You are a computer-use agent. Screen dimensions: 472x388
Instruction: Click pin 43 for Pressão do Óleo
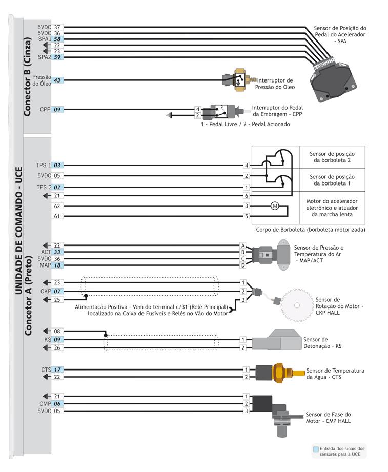click(57, 80)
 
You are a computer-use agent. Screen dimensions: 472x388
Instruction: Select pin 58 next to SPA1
click(57, 39)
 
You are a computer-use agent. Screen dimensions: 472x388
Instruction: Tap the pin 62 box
click(57, 206)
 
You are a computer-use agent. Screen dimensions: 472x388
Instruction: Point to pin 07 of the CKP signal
click(57, 291)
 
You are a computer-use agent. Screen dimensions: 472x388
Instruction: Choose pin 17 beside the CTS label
click(57, 370)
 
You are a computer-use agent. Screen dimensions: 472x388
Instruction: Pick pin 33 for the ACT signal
click(57, 252)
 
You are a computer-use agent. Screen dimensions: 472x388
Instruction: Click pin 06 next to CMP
click(57, 403)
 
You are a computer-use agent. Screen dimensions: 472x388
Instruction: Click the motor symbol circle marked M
click(274, 206)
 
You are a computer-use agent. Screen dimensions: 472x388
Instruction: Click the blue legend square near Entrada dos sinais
click(315, 449)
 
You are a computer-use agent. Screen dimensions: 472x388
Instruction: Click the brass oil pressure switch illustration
click(238, 80)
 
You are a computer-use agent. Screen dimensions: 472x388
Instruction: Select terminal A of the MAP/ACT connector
click(243, 245)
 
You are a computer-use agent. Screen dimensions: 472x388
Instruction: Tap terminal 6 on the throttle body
click(247, 196)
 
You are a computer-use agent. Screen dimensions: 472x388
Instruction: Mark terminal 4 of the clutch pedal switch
click(197, 109)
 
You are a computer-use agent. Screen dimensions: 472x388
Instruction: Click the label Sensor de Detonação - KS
click(322, 343)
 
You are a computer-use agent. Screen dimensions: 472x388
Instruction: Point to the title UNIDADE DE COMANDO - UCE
click(18, 231)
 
